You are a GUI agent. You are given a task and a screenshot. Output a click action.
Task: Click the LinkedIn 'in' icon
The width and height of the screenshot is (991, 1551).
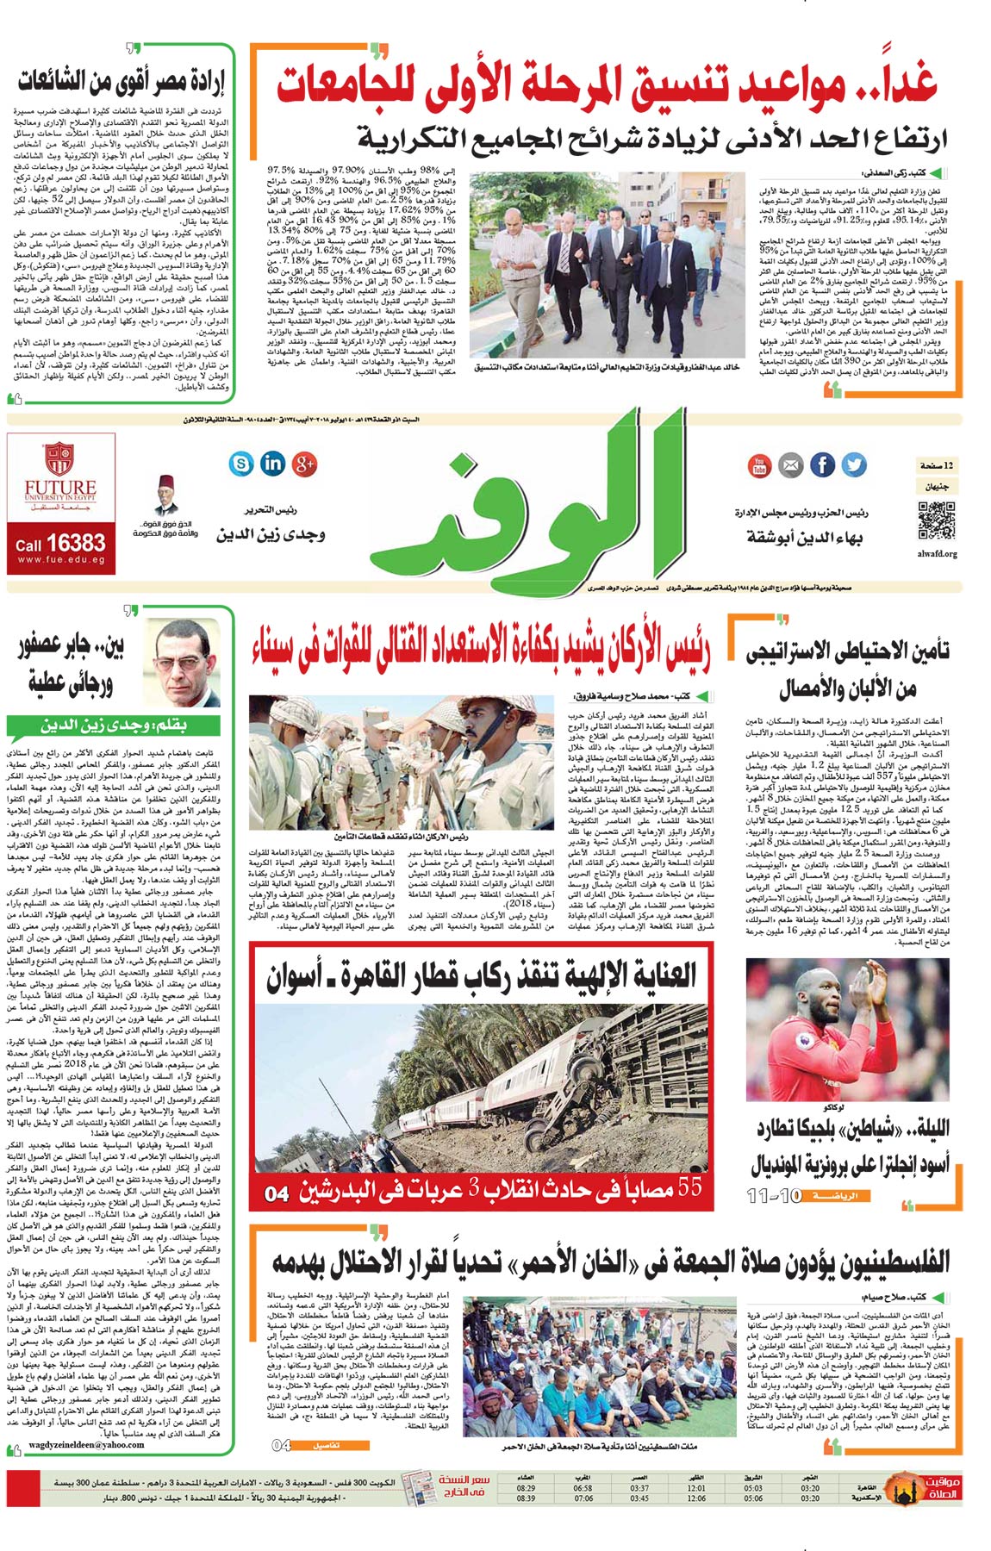[272, 463]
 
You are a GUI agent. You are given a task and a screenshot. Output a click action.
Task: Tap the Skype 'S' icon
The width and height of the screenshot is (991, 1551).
[241, 464]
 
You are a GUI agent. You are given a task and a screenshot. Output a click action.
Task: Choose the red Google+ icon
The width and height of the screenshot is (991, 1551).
[304, 464]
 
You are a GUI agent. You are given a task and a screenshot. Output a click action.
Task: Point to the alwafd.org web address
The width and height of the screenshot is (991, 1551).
[937, 554]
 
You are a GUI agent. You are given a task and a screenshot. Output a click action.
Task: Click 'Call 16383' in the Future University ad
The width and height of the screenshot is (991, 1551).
[60, 544]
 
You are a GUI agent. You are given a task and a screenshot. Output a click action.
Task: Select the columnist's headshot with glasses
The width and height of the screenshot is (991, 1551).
[188, 661]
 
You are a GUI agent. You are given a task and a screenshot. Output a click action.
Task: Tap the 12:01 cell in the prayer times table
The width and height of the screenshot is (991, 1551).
[696, 1488]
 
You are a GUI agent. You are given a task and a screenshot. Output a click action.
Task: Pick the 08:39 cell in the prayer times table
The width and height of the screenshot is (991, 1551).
[526, 1498]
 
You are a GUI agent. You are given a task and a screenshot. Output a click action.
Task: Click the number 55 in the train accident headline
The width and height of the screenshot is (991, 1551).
[690, 1188]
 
